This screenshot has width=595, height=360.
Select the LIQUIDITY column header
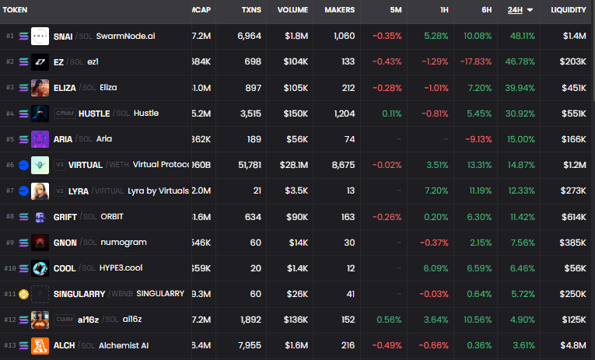[568, 10]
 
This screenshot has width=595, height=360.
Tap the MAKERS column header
[338, 10]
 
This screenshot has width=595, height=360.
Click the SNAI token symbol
[65, 36]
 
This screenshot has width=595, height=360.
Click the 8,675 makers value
[339, 165]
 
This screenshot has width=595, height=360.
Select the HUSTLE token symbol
[94, 114]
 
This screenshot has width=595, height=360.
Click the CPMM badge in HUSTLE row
[64, 114]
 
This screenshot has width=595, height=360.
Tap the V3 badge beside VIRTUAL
[59, 165]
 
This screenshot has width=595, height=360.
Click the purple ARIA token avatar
[40, 139]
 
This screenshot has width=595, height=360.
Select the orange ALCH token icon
[40, 344]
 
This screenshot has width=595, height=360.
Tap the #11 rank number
[10, 294]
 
